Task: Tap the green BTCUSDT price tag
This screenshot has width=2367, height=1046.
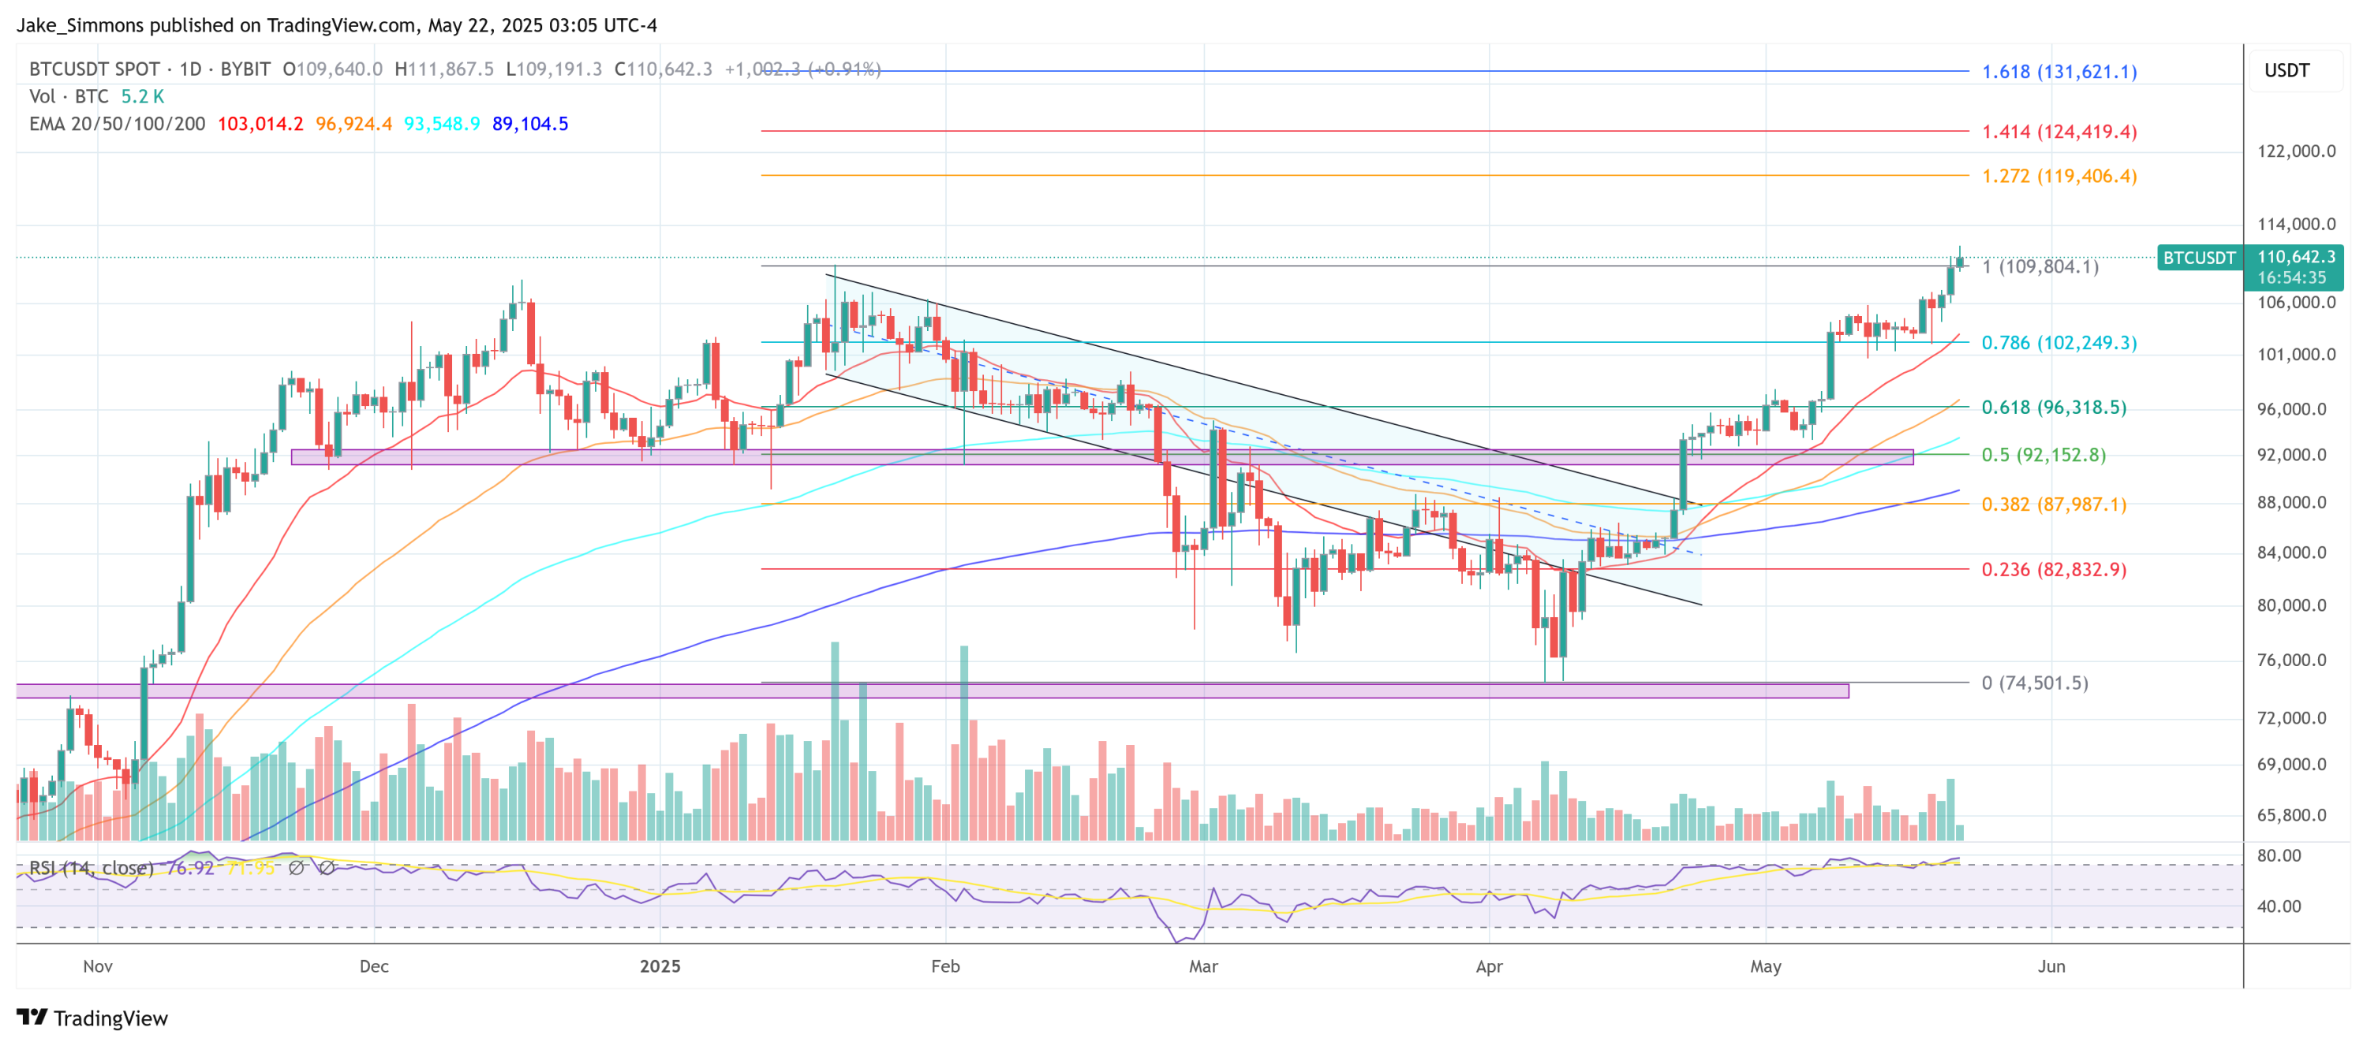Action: pos(2198,258)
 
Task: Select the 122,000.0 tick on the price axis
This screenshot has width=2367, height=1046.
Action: pos(2295,151)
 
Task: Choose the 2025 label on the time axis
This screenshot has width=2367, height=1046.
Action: pos(660,967)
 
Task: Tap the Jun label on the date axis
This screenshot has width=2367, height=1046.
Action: pos(2051,967)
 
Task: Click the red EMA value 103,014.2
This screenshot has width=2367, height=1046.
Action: pos(260,124)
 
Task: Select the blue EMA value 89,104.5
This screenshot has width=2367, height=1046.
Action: pos(530,124)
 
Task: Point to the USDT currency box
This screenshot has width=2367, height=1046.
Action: pos(2287,71)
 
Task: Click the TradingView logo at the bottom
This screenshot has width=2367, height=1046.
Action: pos(93,1018)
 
